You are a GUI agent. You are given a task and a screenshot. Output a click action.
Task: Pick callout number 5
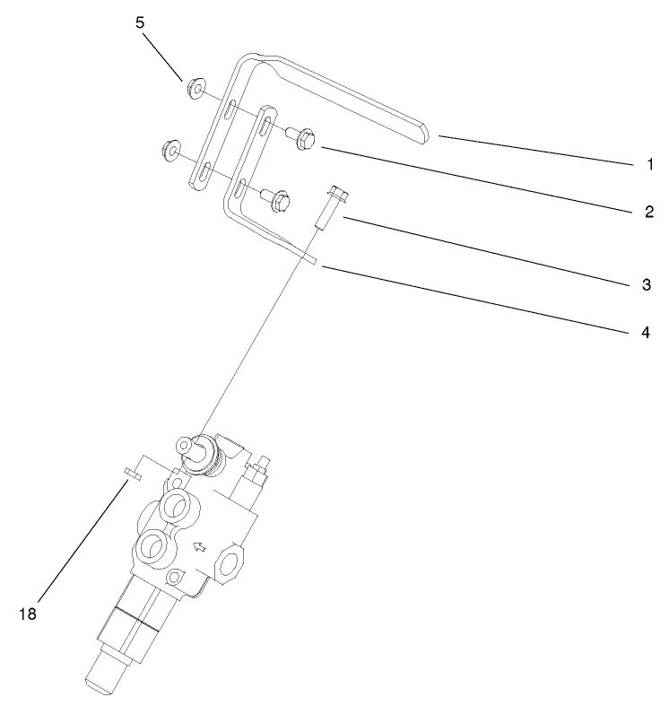[x=141, y=22]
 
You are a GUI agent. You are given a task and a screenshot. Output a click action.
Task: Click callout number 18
[x=28, y=614]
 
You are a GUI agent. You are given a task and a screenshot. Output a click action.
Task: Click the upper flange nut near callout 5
[x=192, y=90]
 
